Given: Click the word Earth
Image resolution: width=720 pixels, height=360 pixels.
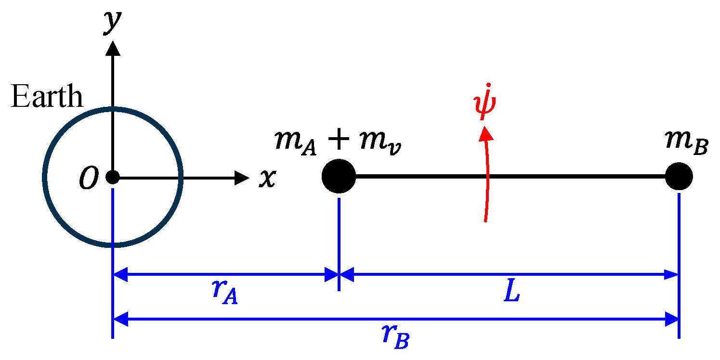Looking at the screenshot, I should click(47, 97).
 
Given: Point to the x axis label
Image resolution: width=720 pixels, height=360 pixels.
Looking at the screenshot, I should click(268, 178).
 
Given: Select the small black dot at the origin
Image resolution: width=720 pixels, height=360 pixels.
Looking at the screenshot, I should click(112, 178).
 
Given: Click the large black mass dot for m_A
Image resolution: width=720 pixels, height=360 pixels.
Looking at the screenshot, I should click(339, 177).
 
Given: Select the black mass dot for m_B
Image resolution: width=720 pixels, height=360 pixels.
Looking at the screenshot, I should click(679, 177).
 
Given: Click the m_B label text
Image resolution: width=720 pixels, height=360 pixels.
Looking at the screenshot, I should click(686, 143).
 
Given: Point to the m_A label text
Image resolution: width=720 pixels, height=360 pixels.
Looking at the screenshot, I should click(295, 143).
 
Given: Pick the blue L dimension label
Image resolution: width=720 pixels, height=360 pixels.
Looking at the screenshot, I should click(512, 293).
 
